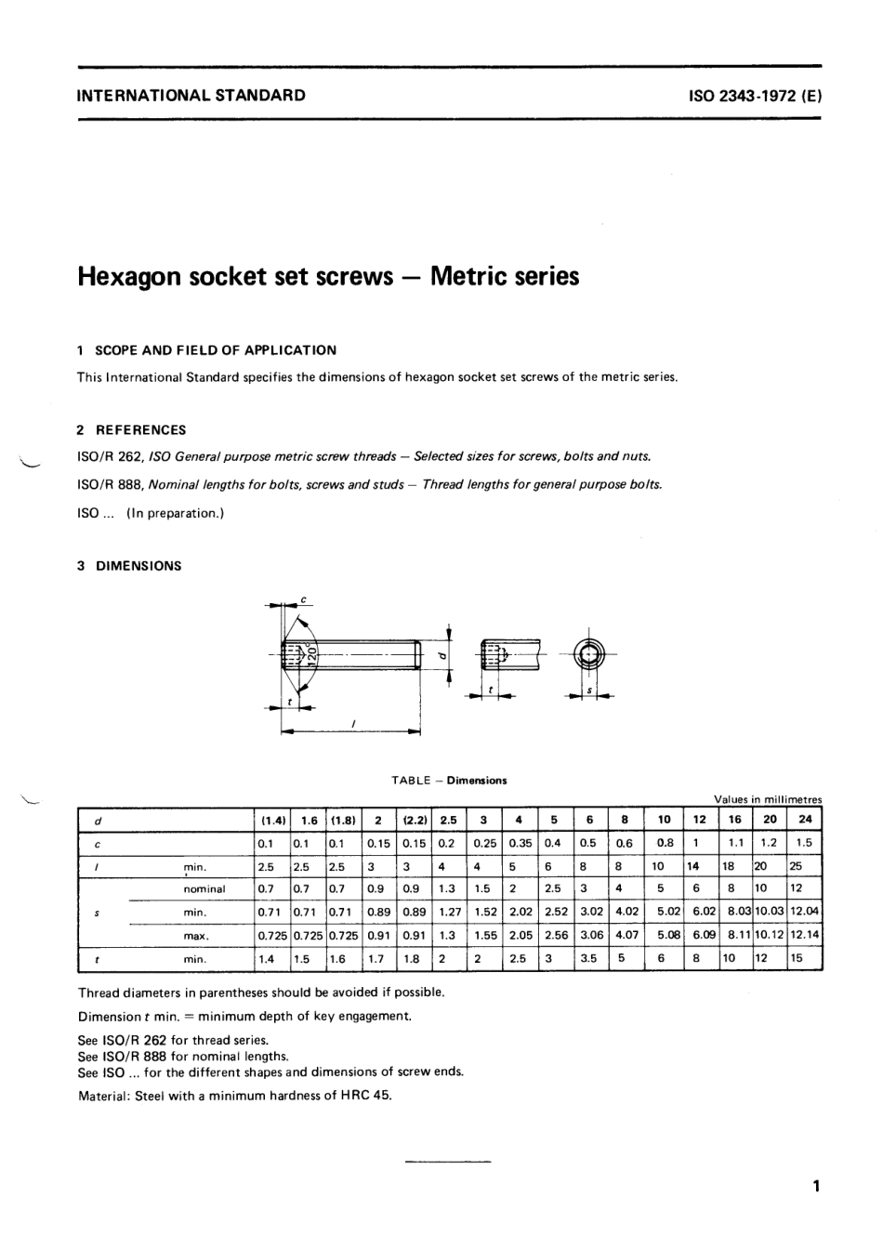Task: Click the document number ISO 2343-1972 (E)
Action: pos(754,95)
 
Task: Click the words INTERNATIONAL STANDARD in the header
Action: pos(191,95)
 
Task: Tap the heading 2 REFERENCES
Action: pos(131,430)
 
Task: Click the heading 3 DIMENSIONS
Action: pos(129,566)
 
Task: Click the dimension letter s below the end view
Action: pos(589,690)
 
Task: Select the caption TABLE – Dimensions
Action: pos(449,781)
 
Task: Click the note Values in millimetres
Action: pos(768,799)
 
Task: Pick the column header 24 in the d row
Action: pos(804,820)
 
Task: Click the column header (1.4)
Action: pos(272,821)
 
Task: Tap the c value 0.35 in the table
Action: pos(521,843)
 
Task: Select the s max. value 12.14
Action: pos(805,936)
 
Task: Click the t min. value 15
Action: pos(797,958)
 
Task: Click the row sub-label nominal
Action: pos(204,889)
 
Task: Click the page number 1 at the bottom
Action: pos(815,1187)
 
